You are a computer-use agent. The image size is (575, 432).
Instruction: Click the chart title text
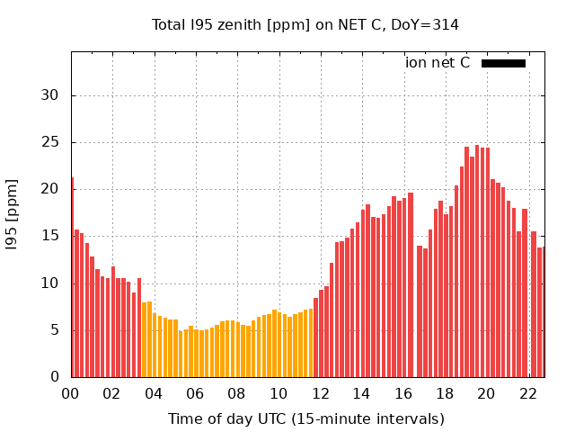(x=305, y=25)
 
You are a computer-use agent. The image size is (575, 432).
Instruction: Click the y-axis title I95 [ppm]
(x=13, y=215)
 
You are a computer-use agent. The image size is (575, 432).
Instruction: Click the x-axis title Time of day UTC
(x=305, y=418)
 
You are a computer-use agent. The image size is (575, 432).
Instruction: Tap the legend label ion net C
(x=438, y=63)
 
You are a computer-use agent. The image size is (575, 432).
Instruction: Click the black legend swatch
(x=503, y=63)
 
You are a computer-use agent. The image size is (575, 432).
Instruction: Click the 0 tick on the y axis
(x=55, y=377)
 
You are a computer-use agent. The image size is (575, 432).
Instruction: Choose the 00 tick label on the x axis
(x=70, y=393)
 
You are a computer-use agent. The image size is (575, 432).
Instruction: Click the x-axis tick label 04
(x=154, y=393)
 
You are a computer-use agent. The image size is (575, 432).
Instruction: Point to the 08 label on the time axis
(x=237, y=393)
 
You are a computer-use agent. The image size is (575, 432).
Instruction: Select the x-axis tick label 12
(x=320, y=393)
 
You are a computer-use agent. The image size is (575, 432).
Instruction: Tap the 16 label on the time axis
(x=403, y=393)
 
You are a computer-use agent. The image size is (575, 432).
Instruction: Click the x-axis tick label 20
(x=486, y=393)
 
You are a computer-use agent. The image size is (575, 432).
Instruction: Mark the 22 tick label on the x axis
(x=528, y=393)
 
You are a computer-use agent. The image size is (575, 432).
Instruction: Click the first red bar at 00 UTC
(x=72, y=279)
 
